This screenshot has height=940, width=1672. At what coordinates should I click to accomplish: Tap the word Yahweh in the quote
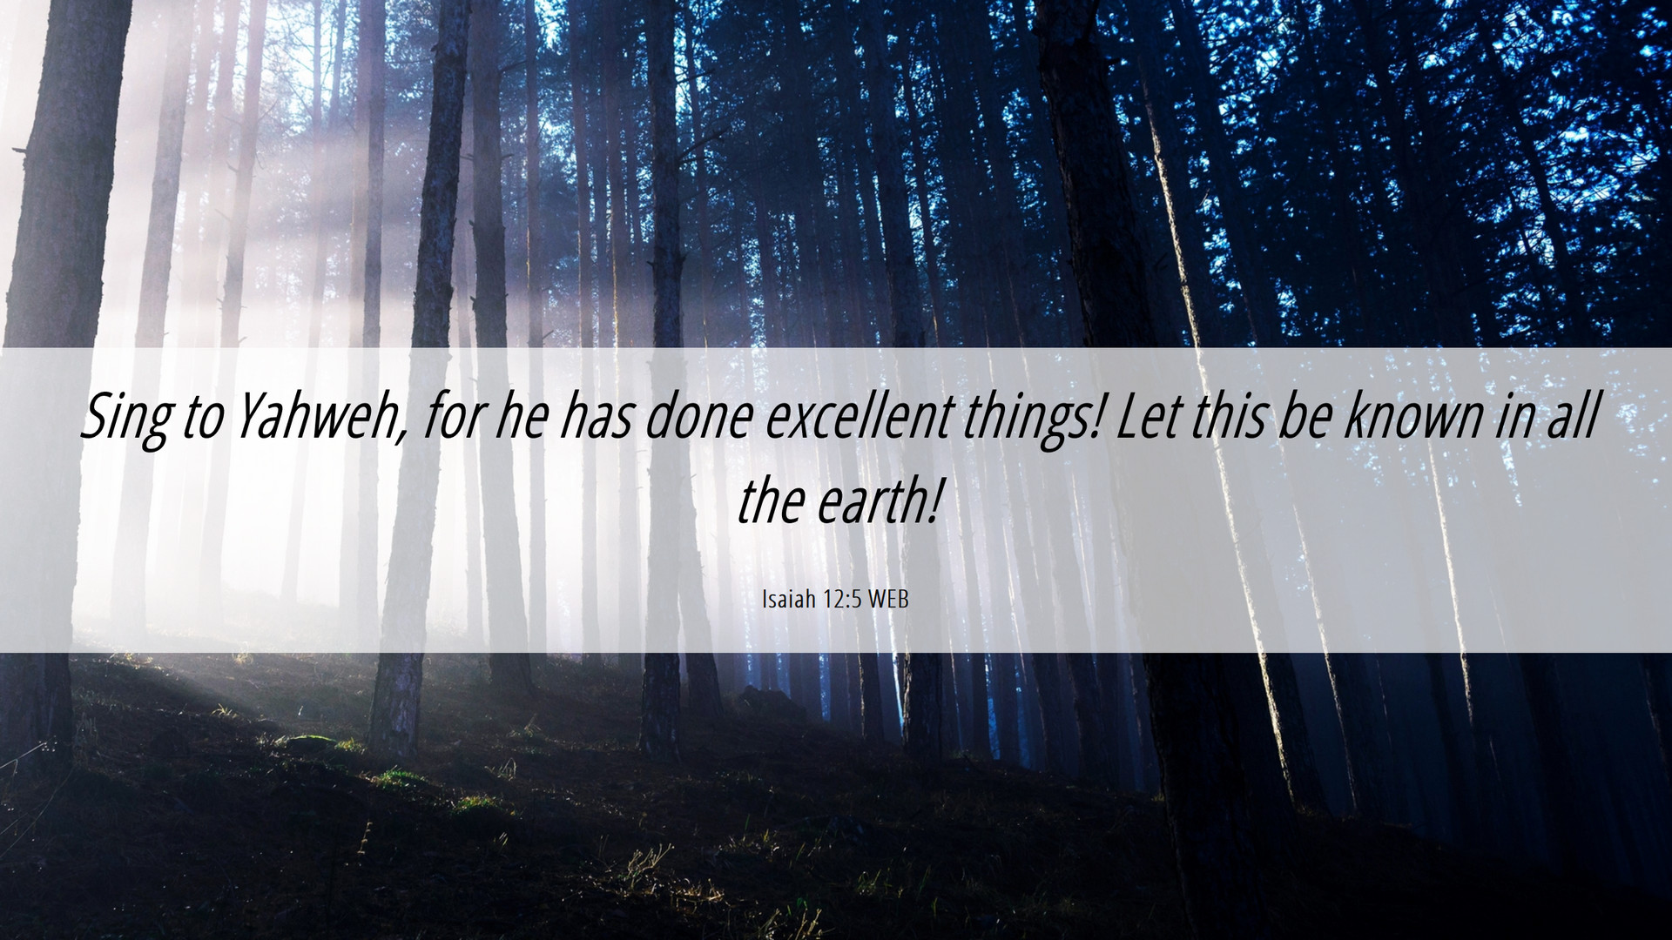(317, 416)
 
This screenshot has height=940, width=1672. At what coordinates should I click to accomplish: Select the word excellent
(860, 415)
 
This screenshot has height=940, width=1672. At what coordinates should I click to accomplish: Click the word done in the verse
(698, 415)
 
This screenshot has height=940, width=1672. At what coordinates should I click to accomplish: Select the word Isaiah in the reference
(789, 599)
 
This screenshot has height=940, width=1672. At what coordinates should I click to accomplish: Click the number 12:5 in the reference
(842, 599)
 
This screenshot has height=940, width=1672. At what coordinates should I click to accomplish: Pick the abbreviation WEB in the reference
(888, 599)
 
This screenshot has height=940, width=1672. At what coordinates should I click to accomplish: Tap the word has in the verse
(597, 415)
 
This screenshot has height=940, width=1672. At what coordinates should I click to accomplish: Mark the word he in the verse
(521, 415)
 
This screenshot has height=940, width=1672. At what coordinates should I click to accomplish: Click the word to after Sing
(202, 417)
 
